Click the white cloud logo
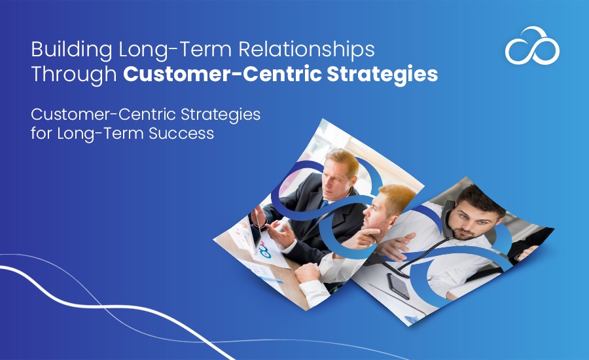point(532,45)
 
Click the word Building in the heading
point(71,50)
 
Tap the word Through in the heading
point(74,74)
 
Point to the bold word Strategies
point(382,75)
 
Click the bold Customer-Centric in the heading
point(222,74)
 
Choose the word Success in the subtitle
point(181,133)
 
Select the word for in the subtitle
point(41,133)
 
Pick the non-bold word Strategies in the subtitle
point(221,115)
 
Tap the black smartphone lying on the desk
point(398,286)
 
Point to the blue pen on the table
point(270,279)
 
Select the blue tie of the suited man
point(324,204)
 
